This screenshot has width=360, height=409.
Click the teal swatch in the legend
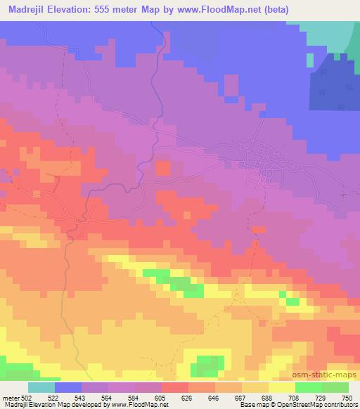coord(41,387)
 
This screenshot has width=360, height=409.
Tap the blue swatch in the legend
coord(68,387)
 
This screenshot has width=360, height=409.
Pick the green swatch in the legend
coord(321,387)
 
